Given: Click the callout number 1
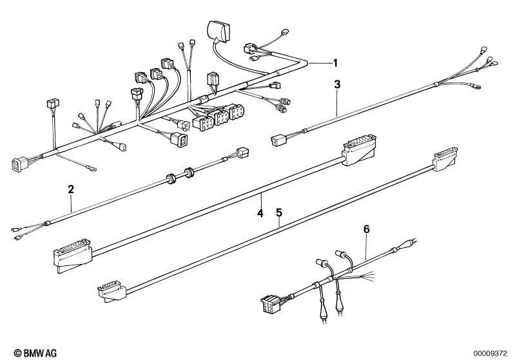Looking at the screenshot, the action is (335, 62).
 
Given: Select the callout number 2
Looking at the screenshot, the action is (71, 189).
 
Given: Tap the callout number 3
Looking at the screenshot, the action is (337, 84).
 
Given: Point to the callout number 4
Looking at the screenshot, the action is (260, 213).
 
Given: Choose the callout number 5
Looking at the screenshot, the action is (279, 213).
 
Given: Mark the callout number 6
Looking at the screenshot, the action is (367, 229).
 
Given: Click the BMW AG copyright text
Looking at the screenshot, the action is (35, 353).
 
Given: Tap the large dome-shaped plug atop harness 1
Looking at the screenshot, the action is (218, 30).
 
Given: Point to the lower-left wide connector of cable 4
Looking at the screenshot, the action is (72, 255).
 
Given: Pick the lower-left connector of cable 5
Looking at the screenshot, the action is (112, 290).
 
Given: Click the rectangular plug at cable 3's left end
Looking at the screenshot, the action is (278, 141).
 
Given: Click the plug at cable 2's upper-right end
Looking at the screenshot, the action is (243, 153).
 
